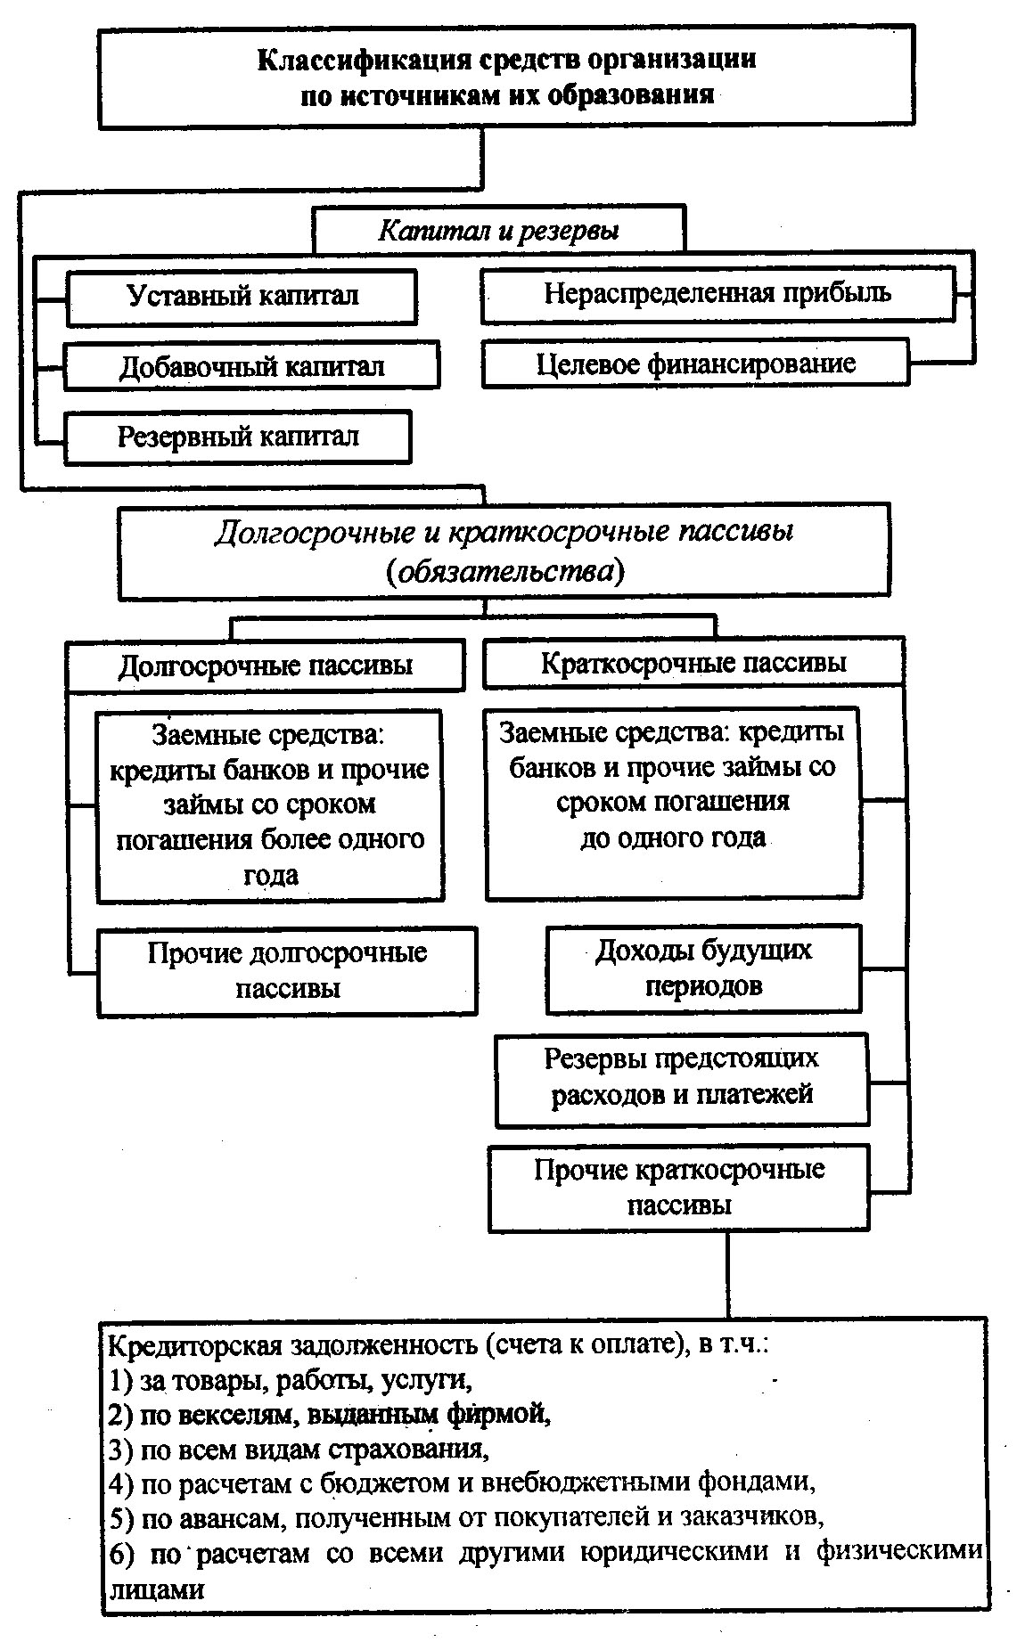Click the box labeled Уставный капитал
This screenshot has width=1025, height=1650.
tap(242, 298)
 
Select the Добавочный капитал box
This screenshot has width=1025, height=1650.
tap(251, 366)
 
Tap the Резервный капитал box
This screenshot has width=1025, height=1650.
tap(238, 437)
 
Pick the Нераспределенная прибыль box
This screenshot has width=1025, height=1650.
tap(717, 295)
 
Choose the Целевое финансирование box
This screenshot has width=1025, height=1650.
tap(695, 363)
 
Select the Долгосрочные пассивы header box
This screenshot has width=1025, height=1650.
tap(265, 666)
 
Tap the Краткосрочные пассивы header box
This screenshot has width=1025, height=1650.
tap(693, 664)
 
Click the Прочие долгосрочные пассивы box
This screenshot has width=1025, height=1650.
tap(287, 970)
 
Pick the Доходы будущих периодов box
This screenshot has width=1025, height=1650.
tap(703, 968)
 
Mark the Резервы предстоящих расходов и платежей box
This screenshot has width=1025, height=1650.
tap(682, 1076)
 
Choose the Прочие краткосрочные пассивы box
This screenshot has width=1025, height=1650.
tap(679, 1187)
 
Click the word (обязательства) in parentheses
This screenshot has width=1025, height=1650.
tap(505, 571)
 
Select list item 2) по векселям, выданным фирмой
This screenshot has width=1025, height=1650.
tap(328, 1414)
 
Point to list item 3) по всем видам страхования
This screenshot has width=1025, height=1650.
tap(298, 1449)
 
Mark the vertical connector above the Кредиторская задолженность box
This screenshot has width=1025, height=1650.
tap(727, 1274)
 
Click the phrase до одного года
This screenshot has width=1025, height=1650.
tap(673, 838)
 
